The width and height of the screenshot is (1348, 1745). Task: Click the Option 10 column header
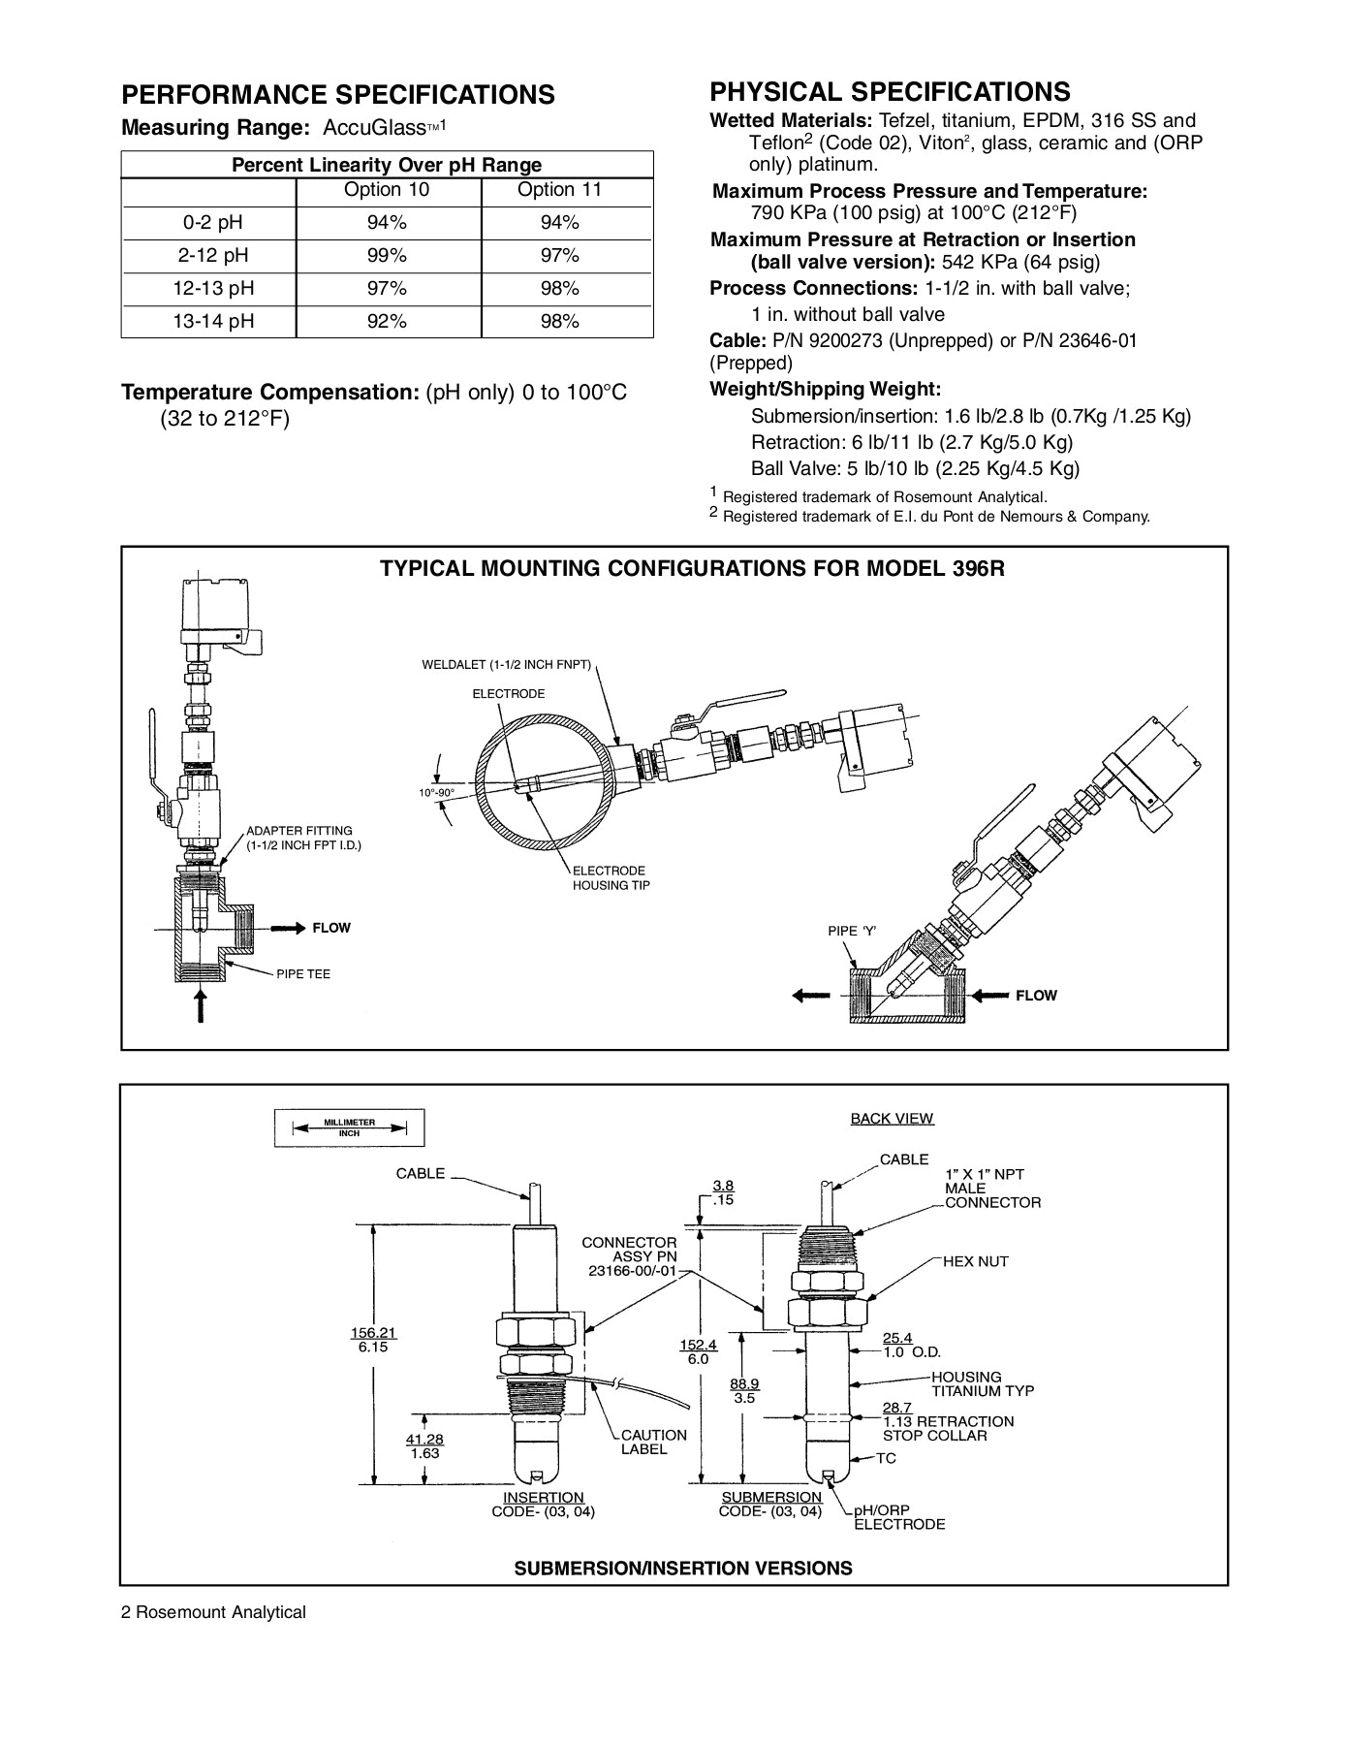point(387,190)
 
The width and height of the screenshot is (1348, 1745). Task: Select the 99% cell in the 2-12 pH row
point(387,256)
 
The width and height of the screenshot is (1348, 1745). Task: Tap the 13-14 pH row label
point(213,322)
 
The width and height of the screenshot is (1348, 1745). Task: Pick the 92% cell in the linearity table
point(387,322)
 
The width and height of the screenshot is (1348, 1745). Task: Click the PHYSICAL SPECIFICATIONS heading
point(890,92)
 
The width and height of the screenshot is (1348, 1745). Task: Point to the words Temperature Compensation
point(269,393)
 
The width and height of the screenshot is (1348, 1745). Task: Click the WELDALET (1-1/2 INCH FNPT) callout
point(506,666)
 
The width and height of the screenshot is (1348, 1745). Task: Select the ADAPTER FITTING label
point(298,831)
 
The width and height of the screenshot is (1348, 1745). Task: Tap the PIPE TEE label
point(303,974)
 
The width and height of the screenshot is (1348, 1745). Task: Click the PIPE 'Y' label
point(852,931)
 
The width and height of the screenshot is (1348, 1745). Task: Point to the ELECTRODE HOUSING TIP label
point(611,878)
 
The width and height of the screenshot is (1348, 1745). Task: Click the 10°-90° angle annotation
point(436,793)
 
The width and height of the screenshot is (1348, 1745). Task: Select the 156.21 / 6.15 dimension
point(373,1340)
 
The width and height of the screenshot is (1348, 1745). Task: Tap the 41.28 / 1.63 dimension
point(424,1446)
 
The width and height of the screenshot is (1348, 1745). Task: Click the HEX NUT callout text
point(975,1261)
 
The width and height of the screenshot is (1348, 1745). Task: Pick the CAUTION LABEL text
point(653,1442)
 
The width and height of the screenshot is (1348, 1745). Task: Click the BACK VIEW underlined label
point(892,1119)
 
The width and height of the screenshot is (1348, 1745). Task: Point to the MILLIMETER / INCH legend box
point(349,1127)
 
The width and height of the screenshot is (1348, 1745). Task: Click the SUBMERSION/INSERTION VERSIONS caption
point(682,1569)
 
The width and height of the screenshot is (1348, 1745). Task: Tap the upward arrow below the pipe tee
point(200,1004)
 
